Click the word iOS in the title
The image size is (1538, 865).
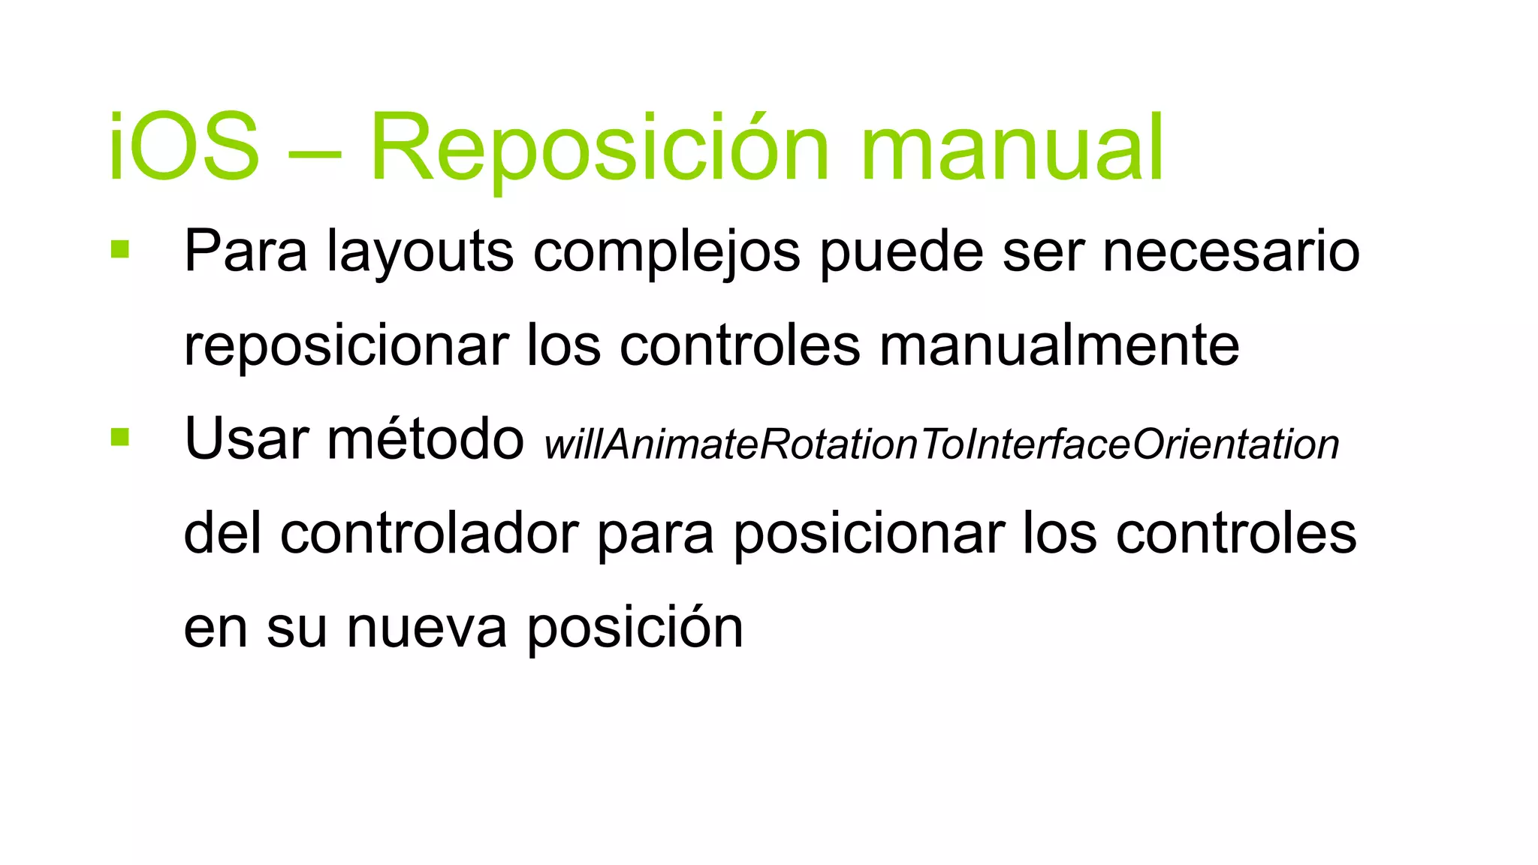184,146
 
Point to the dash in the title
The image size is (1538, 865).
315,150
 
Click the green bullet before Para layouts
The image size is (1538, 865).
120,249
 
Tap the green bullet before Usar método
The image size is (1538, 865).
120,437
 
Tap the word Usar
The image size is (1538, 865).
246,439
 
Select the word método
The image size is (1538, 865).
425,439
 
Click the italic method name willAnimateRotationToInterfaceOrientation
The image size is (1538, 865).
942,445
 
